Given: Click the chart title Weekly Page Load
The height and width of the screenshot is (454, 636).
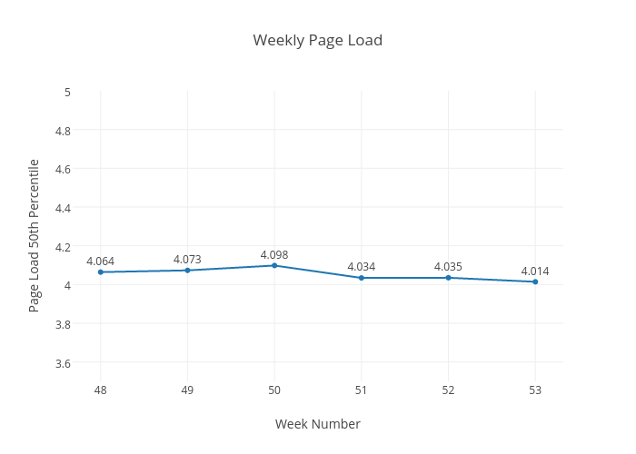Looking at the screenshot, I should (x=317, y=40).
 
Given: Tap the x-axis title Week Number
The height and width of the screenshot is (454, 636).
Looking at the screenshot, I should (x=317, y=424).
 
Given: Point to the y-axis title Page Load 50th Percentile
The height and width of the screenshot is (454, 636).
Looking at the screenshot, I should (x=35, y=235).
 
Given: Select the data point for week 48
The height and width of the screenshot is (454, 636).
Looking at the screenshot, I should (x=101, y=272).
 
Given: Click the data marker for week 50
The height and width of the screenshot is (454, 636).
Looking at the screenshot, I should (x=274, y=265).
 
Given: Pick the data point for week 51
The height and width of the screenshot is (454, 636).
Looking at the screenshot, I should (x=362, y=278).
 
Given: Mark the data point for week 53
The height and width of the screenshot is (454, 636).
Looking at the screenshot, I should (x=535, y=281).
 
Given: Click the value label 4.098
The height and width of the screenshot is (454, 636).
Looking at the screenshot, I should (x=274, y=255).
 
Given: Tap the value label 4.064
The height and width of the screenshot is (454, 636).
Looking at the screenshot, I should (x=101, y=262).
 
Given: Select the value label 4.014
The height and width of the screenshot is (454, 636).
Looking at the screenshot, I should (x=535, y=271).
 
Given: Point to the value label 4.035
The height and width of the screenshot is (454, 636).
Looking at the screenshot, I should (x=448, y=267).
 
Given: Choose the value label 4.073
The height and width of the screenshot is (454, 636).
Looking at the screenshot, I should (x=187, y=260).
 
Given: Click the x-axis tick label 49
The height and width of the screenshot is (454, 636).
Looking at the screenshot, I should (x=187, y=390).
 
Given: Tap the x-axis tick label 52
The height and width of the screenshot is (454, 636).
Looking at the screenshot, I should (x=448, y=390).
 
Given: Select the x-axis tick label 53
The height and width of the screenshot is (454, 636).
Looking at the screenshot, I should (x=535, y=390).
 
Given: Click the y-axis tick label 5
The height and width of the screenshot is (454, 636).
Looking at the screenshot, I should (x=68, y=92).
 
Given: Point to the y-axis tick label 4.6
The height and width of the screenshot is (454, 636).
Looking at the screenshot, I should (x=64, y=169).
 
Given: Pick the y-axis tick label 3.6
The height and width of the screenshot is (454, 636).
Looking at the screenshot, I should (x=64, y=363).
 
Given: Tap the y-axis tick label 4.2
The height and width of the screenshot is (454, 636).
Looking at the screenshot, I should (x=64, y=247).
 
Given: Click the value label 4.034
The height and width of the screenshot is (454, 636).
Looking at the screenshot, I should (x=362, y=267).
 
